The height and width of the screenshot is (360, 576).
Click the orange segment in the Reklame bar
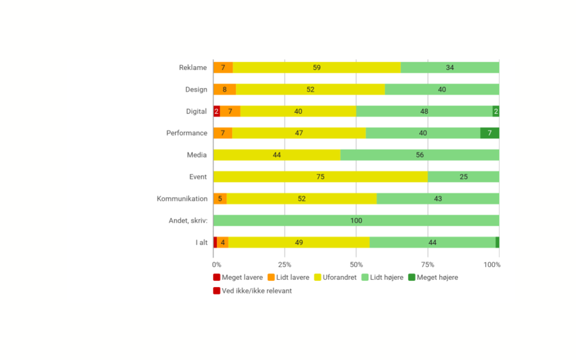tap(223, 68)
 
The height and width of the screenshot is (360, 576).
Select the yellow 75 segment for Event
tap(320, 177)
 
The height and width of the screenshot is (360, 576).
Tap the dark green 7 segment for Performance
tap(490, 133)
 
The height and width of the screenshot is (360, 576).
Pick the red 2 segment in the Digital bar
tap(216, 111)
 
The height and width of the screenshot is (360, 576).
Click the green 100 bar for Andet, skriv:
tap(356, 221)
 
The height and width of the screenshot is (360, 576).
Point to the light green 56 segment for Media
tap(420, 155)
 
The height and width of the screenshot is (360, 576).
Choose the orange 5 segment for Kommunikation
tap(220, 199)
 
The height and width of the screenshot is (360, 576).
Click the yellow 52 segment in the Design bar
tap(310, 90)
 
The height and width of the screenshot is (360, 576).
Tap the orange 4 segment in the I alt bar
tap(223, 243)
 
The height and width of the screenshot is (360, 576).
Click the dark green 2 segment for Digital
tap(496, 111)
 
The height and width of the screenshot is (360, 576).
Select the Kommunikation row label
tap(182, 199)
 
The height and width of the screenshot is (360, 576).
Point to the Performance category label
tap(187, 133)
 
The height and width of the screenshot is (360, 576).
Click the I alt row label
tap(202, 243)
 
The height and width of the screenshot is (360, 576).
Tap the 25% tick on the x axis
tap(284, 265)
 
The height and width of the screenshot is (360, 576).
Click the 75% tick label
tap(428, 265)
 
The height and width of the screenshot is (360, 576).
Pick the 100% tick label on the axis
tap(492, 265)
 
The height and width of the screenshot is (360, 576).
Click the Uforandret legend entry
tap(336, 278)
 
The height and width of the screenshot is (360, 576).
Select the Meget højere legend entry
tap(433, 278)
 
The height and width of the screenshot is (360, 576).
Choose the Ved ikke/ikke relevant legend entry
tap(253, 291)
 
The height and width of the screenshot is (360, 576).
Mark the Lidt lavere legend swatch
tap(271, 278)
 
